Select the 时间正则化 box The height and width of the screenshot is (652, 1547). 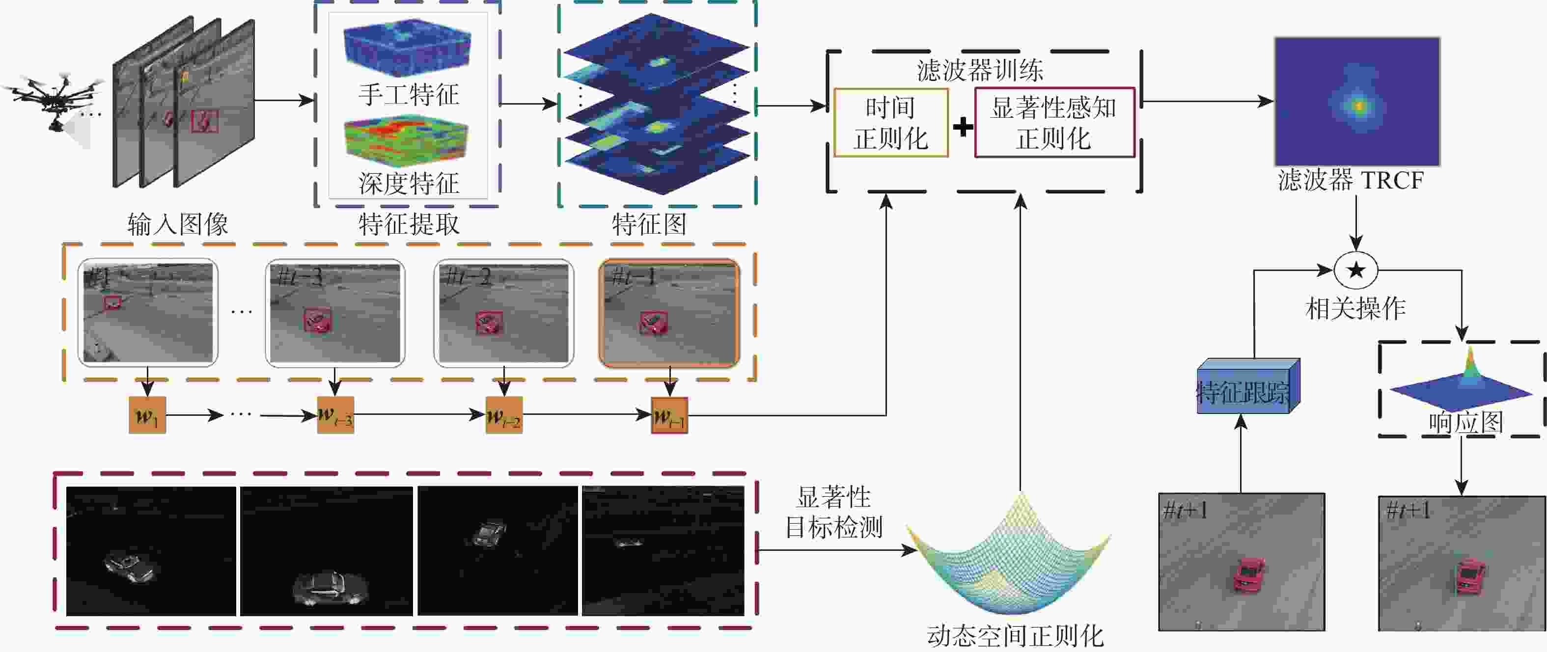[890, 123]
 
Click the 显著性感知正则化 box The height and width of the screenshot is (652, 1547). [1054, 123]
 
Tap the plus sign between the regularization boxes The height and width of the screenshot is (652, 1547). [963, 127]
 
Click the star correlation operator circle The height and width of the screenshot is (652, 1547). [1355, 270]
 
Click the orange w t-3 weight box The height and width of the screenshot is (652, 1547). [335, 415]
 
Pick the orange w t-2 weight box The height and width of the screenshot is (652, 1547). [503, 415]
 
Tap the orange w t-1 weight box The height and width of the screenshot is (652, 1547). [669, 415]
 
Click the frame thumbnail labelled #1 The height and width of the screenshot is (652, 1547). [148, 312]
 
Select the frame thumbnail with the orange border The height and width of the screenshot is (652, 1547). [669, 312]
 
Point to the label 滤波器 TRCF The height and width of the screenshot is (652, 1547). [1350, 180]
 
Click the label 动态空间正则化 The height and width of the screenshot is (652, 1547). [1015, 636]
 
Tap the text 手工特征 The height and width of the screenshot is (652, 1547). [409, 95]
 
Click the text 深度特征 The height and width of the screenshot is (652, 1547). [409, 183]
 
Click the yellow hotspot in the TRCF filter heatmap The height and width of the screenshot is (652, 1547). [1358, 106]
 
